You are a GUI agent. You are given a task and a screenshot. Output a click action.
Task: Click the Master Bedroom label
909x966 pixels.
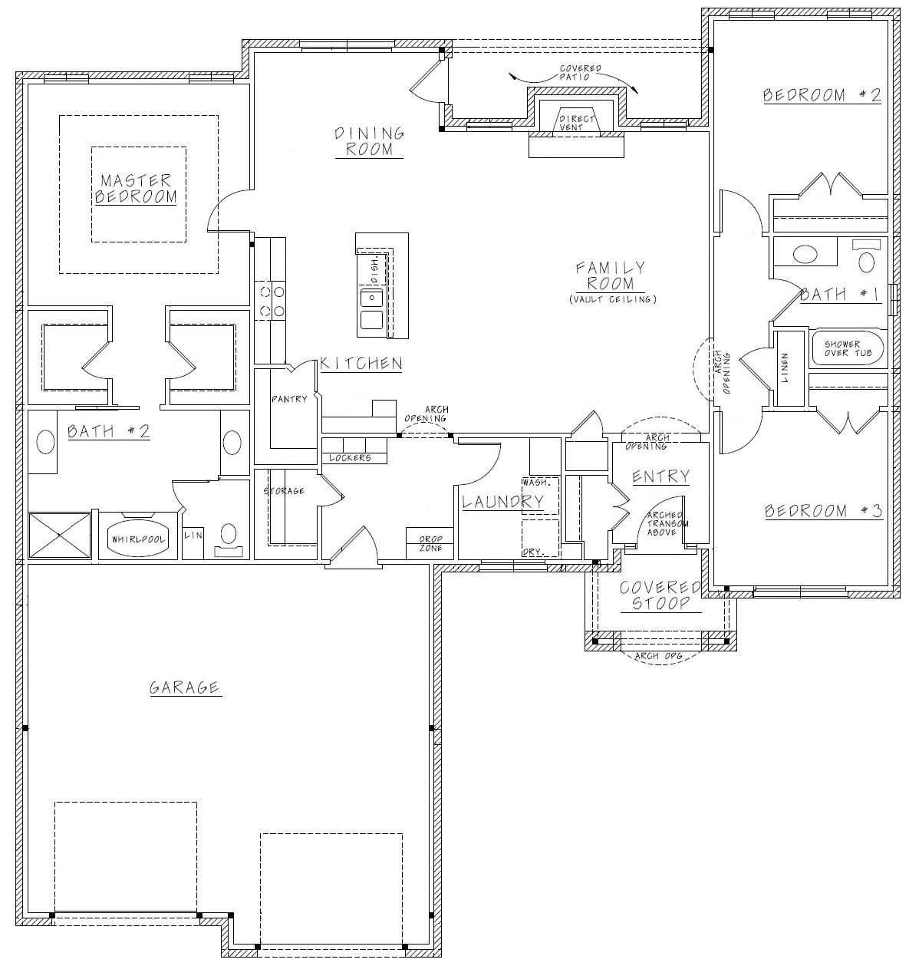[x=136, y=189]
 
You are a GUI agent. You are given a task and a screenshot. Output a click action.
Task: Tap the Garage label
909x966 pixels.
[x=184, y=687]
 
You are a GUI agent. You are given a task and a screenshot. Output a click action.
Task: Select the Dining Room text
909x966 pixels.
[x=369, y=141]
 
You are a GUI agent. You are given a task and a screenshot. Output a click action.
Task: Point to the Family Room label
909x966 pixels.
[x=611, y=275]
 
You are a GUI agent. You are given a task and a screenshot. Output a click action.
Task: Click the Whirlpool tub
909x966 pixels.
[x=138, y=539]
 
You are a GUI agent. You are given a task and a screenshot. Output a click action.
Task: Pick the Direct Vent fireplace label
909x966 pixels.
[x=576, y=123]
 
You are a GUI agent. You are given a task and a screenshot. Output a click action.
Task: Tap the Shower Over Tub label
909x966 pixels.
[x=848, y=348]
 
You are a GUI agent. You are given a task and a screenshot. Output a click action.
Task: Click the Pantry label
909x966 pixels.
[x=289, y=399]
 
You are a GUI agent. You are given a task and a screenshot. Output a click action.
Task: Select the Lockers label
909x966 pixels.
[x=351, y=458]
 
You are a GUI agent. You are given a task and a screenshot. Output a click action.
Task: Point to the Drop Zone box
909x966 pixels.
[x=430, y=543]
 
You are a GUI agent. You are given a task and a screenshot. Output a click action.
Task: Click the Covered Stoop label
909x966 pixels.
[x=660, y=595]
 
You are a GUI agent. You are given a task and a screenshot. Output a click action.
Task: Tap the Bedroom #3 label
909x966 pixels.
[x=824, y=511]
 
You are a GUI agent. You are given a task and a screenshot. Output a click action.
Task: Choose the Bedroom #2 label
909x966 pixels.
[x=822, y=95]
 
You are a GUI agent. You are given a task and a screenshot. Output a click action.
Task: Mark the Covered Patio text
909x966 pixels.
[x=581, y=72]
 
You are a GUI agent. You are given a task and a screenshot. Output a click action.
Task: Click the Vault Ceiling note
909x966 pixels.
[x=613, y=300]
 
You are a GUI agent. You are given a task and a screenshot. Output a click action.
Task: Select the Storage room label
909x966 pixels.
[x=284, y=491]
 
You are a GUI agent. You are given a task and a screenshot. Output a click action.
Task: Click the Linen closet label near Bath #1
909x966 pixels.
[x=785, y=368]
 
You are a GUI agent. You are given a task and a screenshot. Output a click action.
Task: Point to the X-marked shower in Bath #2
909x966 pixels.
[x=60, y=535]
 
